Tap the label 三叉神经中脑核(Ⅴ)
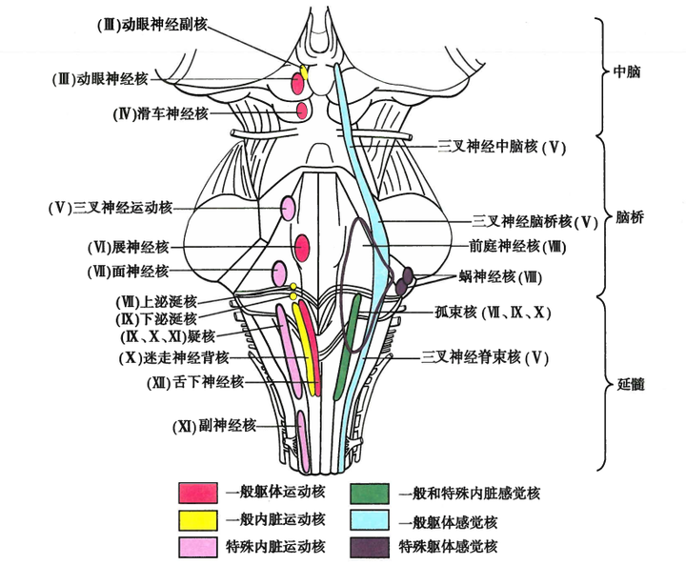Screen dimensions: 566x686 pyautogui.click(x=502, y=147)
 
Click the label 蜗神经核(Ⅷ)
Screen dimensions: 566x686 pyautogui.click(x=499, y=276)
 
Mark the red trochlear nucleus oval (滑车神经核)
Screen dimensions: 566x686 pyautogui.click(x=302, y=111)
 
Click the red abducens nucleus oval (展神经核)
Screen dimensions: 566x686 pyautogui.click(x=303, y=248)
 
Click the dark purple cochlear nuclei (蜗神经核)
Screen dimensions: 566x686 pyautogui.click(x=405, y=279)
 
